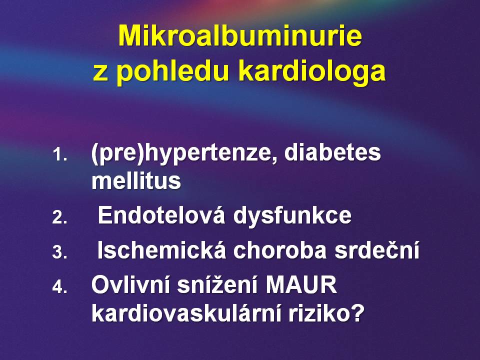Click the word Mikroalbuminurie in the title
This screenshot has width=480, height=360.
(240, 35)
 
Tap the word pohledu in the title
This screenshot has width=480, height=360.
(173, 72)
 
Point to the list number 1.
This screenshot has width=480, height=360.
(59, 154)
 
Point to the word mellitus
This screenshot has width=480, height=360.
(136, 180)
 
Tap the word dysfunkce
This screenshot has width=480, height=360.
(292, 215)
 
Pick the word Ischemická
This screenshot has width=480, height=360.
(161, 249)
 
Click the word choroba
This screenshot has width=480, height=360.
(280, 250)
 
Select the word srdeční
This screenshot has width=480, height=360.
(377, 249)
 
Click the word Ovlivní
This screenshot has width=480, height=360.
(130, 284)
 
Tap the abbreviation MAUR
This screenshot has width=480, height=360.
(301, 284)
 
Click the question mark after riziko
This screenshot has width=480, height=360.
(357, 312)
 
